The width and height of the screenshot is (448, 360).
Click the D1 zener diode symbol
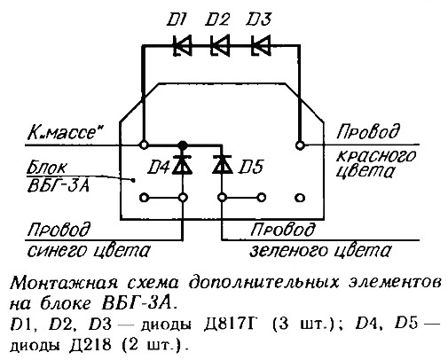[x=182, y=45]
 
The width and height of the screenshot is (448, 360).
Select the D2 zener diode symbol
[x=220, y=45]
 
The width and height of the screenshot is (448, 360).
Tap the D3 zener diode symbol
[x=261, y=45]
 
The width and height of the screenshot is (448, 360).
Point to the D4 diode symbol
[x=183, y=164]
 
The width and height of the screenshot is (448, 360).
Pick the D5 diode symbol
[x=222, y=164]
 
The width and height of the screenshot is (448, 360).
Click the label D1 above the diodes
[x=177, y=20]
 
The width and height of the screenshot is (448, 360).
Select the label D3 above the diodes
[x=258, y=20]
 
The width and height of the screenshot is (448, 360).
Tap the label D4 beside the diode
[x=159, y=168]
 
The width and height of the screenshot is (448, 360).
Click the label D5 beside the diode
[x=251, y=168]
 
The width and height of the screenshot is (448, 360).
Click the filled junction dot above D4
[x=183, y=145]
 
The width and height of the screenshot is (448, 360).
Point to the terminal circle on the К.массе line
[x=144, y=145]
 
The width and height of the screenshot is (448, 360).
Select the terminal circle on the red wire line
[x=300, y=145]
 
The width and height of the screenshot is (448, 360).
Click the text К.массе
[x=64, y=133]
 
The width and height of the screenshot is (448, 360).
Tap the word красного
[x=376, y=157]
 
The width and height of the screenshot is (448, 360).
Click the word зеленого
[x=289, y=251]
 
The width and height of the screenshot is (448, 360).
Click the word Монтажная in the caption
[x=64, y=285]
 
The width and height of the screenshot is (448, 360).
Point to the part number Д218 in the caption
[x=90, y=345]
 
